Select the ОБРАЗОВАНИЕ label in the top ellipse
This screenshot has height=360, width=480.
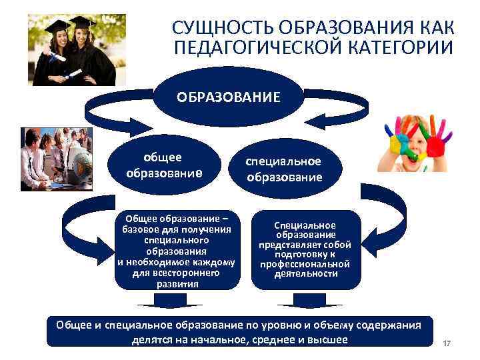coord(229,97)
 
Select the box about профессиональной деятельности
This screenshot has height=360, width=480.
coord(305,250)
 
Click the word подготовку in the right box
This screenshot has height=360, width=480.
coord(305,254)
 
